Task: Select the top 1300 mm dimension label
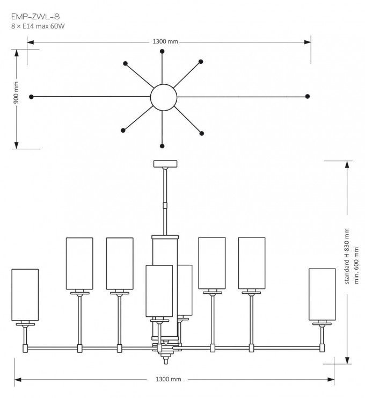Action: (x=165, y=42)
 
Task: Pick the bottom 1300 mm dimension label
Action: (x=168, y=379)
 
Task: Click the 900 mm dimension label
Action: (x=17, y=92)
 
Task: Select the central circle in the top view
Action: (x=163, y=97)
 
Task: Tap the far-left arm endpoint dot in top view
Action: (x=32, y=97)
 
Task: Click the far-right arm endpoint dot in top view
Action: (x=307, y=97)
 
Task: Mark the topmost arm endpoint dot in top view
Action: (x=163, y=51)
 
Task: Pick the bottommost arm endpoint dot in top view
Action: (x=163, y=144)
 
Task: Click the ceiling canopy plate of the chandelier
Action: (x=165, y=164)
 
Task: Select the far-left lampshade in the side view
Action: (x=25, y=294)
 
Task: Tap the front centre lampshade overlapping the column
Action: (x=159, y=291)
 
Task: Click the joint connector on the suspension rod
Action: (x=165, y=205)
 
